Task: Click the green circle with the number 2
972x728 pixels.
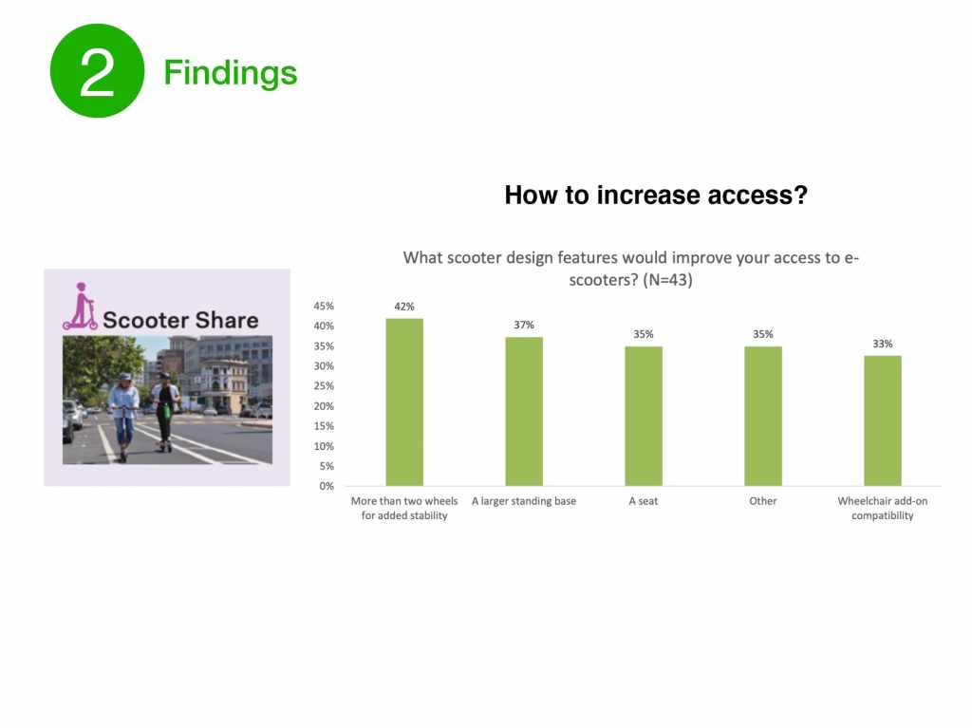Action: [x=98, y=70]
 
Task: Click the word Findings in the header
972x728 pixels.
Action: [x=231, y=73]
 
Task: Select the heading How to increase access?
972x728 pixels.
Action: [x=656, y=195]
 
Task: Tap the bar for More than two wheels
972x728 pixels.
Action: [x=404, y=401]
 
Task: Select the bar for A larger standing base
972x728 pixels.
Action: [x=524, y=411]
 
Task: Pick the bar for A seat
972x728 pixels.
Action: [x=644, y=416]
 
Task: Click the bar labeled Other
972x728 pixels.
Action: [x=763, y=416]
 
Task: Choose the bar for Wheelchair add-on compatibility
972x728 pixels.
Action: [x=883, y=420]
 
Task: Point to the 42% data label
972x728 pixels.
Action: [x=404, y=307]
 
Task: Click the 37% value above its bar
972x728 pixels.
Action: [x=524, y=325]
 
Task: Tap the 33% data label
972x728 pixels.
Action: [x=883, y=344]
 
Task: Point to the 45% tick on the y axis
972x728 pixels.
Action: [x=324, y=306]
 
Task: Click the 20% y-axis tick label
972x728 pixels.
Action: [x=324, y=406]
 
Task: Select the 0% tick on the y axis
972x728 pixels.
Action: [x=327, y=486]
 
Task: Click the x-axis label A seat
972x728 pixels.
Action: [x=644, y=501]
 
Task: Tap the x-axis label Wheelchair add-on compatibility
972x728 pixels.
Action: [x=883, y=508]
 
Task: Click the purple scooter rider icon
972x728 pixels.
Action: [x=80, y=307]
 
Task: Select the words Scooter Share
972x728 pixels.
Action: [x=180, y=320]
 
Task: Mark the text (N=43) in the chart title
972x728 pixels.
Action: [x=667, y=280]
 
